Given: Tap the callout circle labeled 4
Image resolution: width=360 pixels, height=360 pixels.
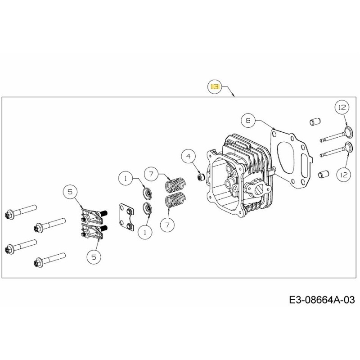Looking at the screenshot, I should click(x=189, y=157).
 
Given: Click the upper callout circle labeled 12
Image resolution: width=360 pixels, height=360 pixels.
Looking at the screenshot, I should click(x=342, y=108).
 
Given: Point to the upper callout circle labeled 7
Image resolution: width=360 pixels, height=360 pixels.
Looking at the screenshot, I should click(x=152, y=173).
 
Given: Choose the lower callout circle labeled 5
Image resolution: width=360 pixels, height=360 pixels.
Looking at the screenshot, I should click(x=94, y=257).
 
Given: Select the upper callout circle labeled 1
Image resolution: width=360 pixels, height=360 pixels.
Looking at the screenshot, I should click(x=126, y=179).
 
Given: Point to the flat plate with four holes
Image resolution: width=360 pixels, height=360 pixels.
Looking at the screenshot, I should click(x=126, y=218).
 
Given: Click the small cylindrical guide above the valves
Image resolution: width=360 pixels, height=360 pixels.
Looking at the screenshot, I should click(x=314, y=121).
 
